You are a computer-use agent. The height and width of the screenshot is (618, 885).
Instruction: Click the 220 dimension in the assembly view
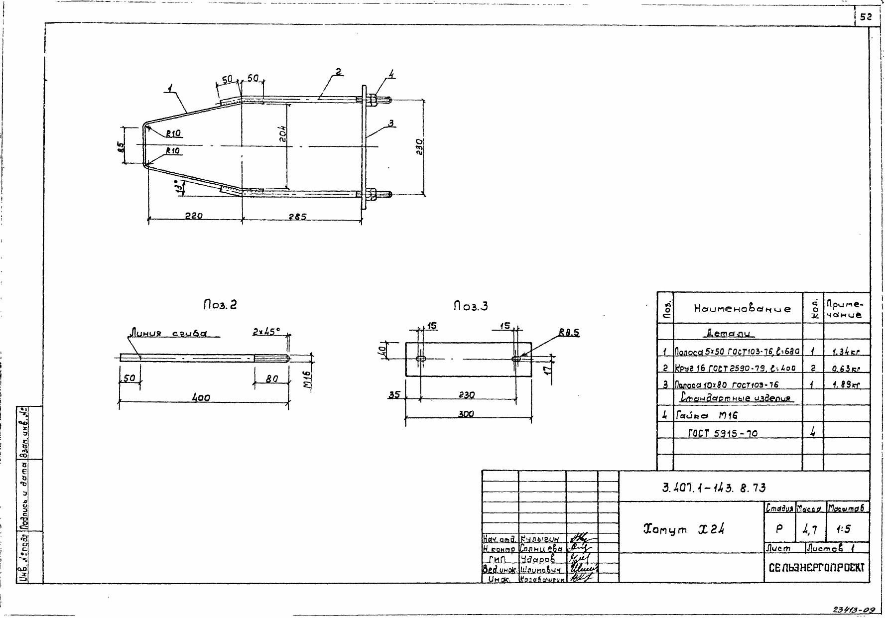(x=194, y=216)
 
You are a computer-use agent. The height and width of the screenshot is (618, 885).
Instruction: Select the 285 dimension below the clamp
(x=297, y=217)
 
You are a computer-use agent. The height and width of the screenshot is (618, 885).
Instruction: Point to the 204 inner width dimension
(x=283, y=133)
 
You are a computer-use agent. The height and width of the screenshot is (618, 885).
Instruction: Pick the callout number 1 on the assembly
(x=170, y=89)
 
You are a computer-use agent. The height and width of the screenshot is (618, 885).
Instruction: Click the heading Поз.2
(x=220, y=305)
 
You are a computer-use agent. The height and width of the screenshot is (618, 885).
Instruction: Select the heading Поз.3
(x=471, y=306)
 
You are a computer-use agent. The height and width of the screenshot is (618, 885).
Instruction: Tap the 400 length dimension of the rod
(x=201, y=398)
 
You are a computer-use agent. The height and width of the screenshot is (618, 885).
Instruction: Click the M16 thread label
(x=307, y=380)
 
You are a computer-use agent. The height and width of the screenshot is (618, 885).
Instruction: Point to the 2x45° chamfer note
(x=266, y=331)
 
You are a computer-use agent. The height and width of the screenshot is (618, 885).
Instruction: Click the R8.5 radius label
(x=569, y=333)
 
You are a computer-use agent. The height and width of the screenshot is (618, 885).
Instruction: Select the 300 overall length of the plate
(x=466, y=414)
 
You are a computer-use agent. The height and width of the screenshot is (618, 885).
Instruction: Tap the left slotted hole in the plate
(x=421, y=359)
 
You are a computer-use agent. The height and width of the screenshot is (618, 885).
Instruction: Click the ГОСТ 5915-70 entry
(x=723, y=433)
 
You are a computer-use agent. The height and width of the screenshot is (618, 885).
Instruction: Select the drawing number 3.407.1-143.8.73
(x=714, y=488)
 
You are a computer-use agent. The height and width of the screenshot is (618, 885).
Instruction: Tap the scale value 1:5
(x=844, y=529)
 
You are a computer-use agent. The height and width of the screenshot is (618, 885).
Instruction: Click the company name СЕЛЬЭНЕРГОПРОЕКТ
(x=817, y=567)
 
